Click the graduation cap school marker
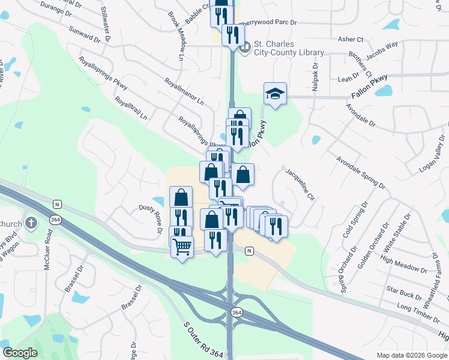click(275, 94)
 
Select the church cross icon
click(32, 224)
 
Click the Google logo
click(20, 353)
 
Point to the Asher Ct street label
click(351, 39)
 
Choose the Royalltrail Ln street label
click(131, 109)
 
